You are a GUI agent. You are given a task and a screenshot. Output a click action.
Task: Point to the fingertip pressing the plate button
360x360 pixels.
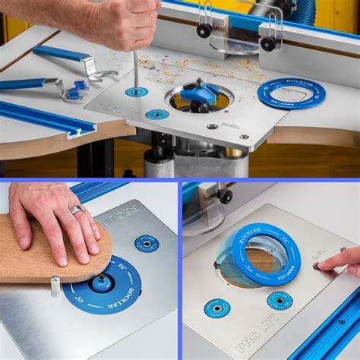(321, 265)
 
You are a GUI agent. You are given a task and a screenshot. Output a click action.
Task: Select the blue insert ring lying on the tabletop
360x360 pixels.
(291, 93)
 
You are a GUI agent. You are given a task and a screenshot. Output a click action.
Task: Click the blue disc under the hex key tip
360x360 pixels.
(137, 92)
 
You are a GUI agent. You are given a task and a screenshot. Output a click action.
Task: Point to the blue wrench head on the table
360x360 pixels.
(76, 91)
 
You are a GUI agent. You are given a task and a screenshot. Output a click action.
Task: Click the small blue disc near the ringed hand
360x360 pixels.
(147, 243)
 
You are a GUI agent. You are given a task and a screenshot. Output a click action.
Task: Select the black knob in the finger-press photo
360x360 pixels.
(225, 195)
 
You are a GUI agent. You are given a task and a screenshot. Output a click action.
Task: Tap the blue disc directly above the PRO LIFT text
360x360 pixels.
(217, 308)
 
